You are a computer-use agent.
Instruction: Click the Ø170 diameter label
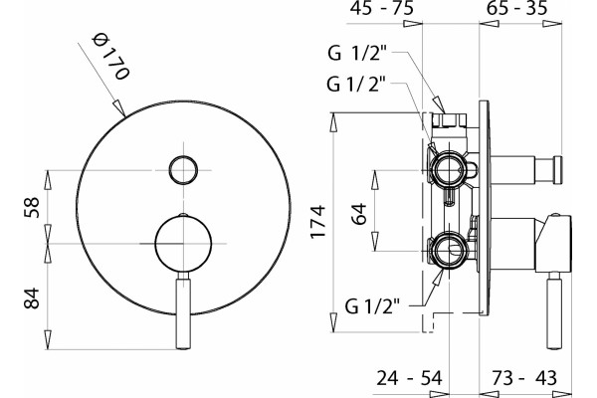111,57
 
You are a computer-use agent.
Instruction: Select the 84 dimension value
32,298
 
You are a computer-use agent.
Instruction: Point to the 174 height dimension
318,222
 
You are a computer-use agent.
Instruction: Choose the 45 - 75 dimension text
381,8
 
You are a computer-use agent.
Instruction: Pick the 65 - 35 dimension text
517,8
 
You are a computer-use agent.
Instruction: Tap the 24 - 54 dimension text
409,378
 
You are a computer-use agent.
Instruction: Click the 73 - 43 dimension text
524,378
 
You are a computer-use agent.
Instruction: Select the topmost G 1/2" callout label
357,53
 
